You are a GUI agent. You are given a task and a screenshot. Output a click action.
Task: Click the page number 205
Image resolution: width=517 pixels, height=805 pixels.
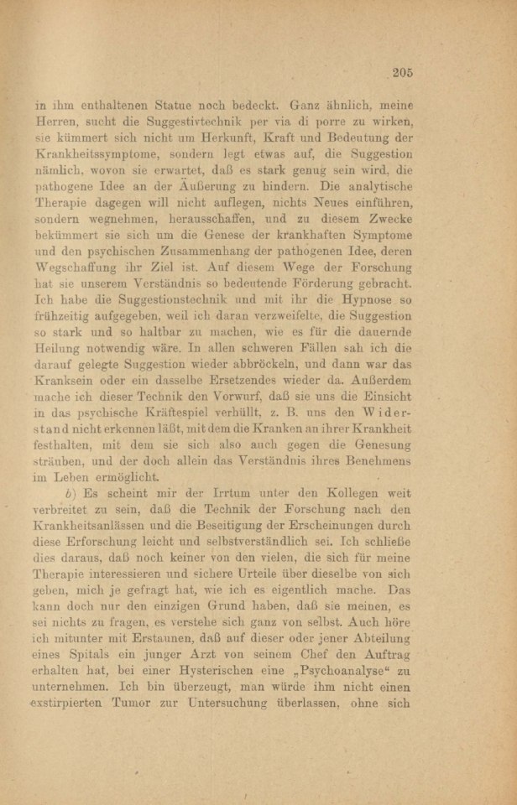click(401, 73)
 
